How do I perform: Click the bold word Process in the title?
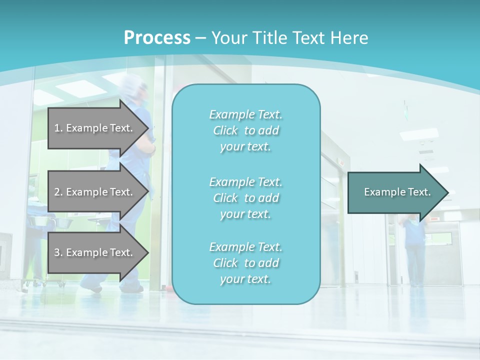(157, 38)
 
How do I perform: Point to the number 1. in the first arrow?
(58, 128)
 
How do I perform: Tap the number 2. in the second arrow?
(58, 192)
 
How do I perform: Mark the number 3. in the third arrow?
(58, 252)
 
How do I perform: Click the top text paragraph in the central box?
(245, 130)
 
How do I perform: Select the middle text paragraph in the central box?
(245, 198)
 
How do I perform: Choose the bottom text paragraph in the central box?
(245, 263)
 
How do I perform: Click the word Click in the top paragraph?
(225, 130)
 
